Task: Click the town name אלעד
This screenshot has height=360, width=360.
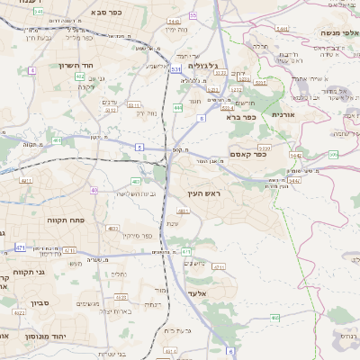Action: pyautogui.click(x=198, y=293)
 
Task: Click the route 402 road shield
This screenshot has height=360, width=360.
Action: pyautogui.click(x=80, y=77)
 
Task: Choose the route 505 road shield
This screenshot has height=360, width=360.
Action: pyautogui.click(x=333, y=155)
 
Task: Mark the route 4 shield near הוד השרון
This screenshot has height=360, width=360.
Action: pyautogui.click(x=32, y=69)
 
